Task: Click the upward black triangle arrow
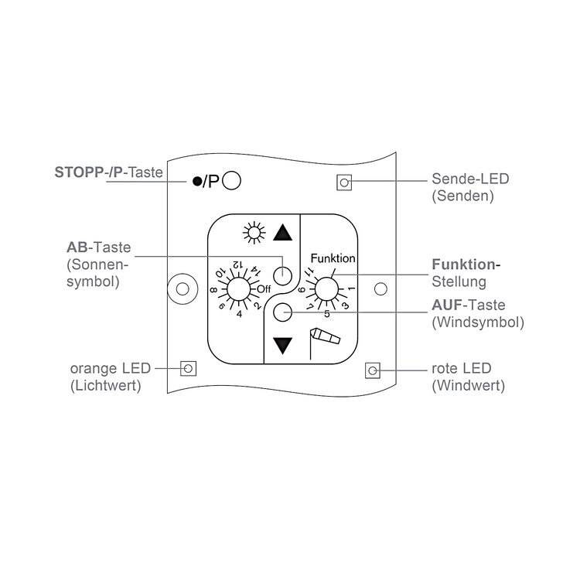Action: point(284,233)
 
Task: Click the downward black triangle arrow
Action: point(284,345)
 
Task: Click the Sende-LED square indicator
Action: point(343,183)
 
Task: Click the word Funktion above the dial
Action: point(333,258)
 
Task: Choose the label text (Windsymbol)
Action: point(478,322)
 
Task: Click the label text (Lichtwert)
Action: point(105,384)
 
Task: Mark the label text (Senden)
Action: point(462,196)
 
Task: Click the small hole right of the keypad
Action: point(380,289)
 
